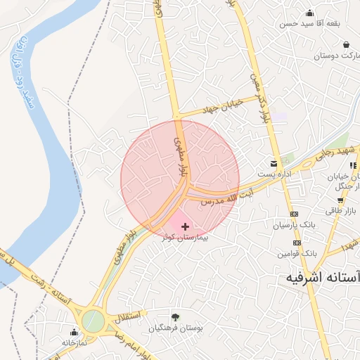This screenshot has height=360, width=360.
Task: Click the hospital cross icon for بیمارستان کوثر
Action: coord(185,226)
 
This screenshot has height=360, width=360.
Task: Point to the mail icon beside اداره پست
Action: coord(274,163)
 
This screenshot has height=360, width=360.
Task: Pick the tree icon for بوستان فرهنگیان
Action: coord(175,317)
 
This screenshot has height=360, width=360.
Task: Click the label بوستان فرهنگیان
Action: coord(176,328)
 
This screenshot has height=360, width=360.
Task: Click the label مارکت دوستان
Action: coord(336,55)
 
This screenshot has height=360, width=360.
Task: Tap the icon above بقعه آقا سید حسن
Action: coord(309,13)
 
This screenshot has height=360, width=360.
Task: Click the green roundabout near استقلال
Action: coord(93,321)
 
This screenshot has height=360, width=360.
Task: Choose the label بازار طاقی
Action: coord(342,210)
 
